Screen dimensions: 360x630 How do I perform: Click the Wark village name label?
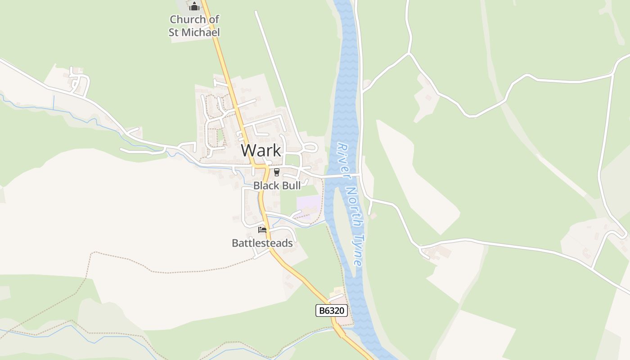(261, 150)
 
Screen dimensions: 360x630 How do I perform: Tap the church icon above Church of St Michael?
(194, 6)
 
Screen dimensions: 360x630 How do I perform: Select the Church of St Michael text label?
(194, 26)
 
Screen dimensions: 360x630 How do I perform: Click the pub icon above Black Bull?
(276, 172)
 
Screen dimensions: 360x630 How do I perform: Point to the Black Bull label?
(277, 185)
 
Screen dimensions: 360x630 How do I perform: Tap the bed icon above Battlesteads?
(262, 230)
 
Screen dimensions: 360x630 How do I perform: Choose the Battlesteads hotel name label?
(262, 243)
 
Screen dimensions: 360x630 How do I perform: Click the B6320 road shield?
(332, 310)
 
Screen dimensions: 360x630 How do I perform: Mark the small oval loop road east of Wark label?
(310, 147)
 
